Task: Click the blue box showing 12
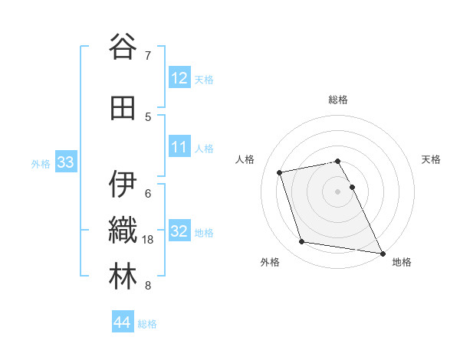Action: pos(179,77)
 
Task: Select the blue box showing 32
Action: pos(179,231)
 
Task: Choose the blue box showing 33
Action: pos(65,162)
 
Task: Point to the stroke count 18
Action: pos(149,240)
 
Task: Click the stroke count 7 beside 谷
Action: pos(148,56)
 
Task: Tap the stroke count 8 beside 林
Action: pos(148,286)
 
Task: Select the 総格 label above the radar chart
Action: pos(338,100)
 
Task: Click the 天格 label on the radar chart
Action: pos(432,159)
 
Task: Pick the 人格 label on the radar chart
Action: pos(245,159)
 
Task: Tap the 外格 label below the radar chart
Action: pos(270,262)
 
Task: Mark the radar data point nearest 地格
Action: pos(382,253)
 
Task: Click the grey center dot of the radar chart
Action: pos(338,191)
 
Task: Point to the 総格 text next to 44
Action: pos(147,324)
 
